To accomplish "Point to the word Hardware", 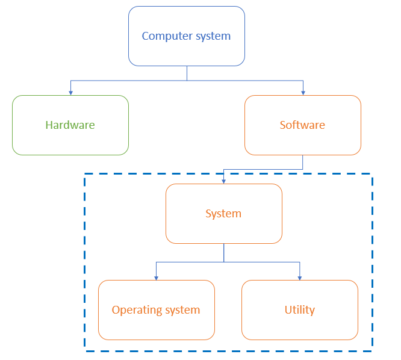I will click(70, 125).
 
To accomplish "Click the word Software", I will click(302, 125).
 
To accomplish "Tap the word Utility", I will click(299, 310).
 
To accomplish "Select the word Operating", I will click(137, 311).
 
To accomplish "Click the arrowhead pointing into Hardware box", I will click(70, 92).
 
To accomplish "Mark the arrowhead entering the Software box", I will click(303, 92).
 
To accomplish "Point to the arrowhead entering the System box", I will click(223, 181).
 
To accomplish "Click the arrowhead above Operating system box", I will click(156, 278).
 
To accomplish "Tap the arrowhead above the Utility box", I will click(299, 278).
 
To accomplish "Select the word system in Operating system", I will click(182, 311).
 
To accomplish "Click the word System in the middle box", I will click(223, 214).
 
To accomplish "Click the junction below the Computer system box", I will click(187, 80).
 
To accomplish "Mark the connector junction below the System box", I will click(224, 262).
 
